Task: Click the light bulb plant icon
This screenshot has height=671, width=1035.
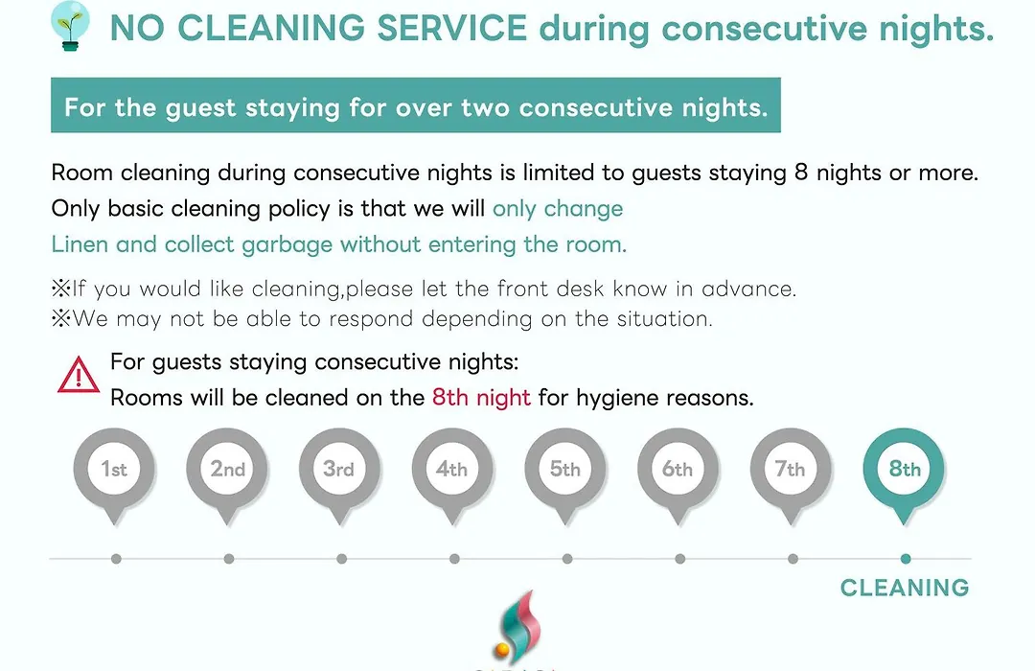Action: click(x=70, y=26)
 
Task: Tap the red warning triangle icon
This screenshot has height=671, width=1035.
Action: click(x=79, y=375)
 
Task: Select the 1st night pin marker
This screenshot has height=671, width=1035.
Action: click(x=114, y=475)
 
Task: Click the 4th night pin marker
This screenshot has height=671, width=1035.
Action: click(x=452, y=475)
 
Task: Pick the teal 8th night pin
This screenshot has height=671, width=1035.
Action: click(x=904, y=475)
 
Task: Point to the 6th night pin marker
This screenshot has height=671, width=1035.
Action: click(x=678, y=475)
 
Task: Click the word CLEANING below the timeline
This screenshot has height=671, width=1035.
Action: click(x=905, y=587)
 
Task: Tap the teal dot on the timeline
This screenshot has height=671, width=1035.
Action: click(x=906, y=559)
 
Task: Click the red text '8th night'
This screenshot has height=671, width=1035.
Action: click(x=481, y=398)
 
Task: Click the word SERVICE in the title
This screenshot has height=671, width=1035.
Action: click(x=451, y=28)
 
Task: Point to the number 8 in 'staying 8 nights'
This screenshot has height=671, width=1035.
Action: click(x=801, y=173)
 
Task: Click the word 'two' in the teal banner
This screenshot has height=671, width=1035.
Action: click(x=485, y=107)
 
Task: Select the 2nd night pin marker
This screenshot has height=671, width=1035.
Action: click(x=227, y=475)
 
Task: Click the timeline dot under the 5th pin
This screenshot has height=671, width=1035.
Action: click(x=567, y=559)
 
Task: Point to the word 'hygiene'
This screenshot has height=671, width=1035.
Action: click(x=617, y=398)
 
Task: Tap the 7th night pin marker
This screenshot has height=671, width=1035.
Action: click(x=791, y=475)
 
